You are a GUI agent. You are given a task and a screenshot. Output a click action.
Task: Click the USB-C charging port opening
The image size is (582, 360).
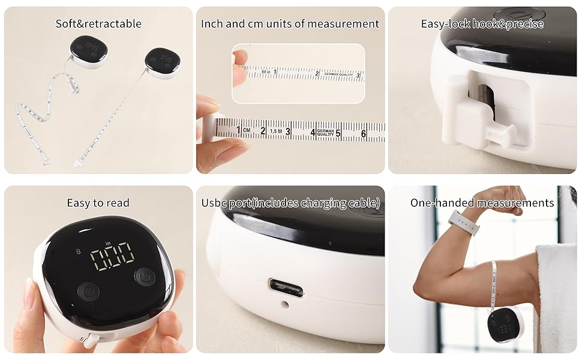(286, 287)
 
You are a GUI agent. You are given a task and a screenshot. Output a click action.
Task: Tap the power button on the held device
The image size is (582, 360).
(145, 277)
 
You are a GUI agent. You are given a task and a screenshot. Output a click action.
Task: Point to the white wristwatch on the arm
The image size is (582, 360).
(464, 222)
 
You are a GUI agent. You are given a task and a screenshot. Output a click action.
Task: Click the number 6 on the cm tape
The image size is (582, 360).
(364, 133)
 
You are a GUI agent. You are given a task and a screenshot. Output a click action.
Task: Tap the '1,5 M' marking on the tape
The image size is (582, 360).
(275, 130)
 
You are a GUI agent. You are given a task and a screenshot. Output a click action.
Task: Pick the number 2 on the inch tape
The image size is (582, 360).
(317, 74)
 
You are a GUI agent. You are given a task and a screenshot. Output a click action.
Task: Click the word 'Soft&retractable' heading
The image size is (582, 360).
(98, 24)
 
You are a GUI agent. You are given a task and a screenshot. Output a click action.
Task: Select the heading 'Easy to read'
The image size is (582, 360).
(98, 203)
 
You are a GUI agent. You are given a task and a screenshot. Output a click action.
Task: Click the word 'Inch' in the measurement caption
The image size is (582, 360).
(212, 24)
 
